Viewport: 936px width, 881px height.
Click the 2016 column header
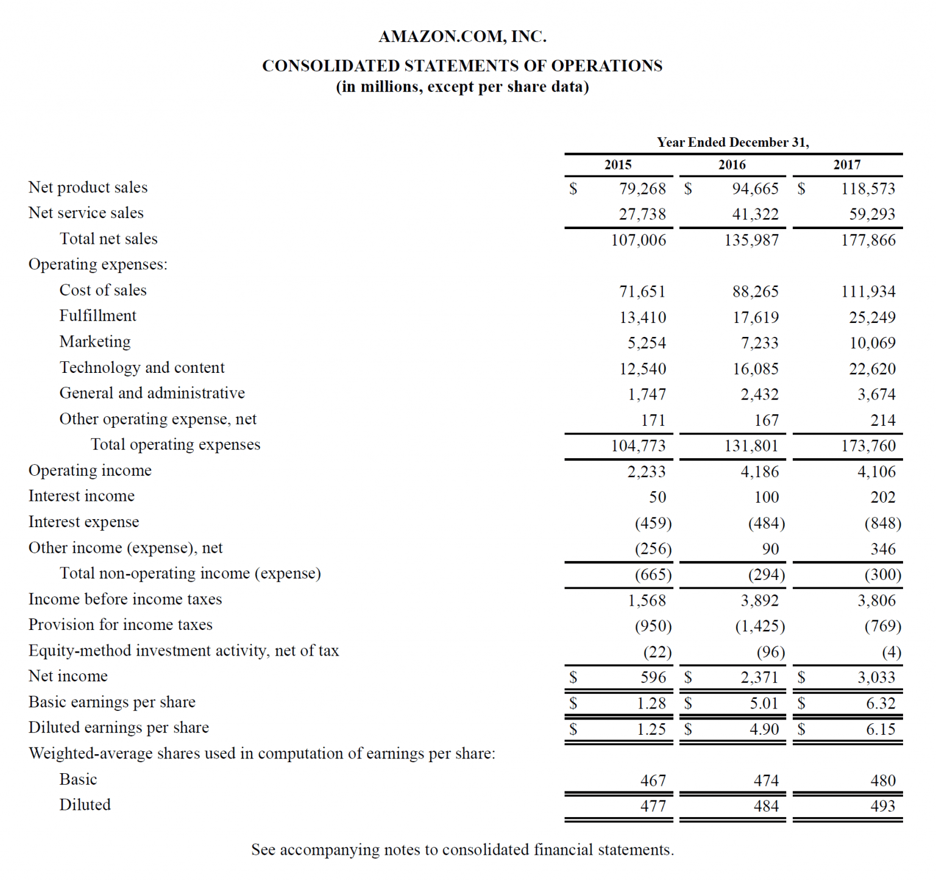(x=732, y=165)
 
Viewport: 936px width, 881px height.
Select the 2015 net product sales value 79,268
(x=642, y=189)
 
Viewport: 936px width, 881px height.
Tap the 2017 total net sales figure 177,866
(x=868, y=240)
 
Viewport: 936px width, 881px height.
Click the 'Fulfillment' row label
(x=97, y=316)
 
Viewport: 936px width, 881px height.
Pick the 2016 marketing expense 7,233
(x=759, y=343)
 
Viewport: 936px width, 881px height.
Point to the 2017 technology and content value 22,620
(x=872, y=369)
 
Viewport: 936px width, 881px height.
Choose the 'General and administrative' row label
(x=152, y=393)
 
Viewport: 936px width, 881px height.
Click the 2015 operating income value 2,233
(x=647, y=472)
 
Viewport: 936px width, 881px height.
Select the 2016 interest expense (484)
(x=767, y=523)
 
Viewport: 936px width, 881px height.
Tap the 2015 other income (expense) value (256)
(x=653, y=549)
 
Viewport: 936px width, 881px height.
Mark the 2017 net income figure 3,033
(x=876, y=678)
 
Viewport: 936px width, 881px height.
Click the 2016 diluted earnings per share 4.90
(x=764, y=729)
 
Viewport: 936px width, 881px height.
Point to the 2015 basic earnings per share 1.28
(x=651, y=703)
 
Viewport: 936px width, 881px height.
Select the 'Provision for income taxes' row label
(x=120, y=625)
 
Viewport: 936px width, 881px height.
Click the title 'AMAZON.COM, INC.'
(x=463, y=37)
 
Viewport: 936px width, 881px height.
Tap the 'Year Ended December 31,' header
(x=733, y=142)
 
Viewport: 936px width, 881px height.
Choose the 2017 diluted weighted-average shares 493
(x=883, y=806)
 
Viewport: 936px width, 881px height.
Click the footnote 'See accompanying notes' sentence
(x=463, y=850)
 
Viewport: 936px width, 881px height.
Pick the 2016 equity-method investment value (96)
(x=770, y=653)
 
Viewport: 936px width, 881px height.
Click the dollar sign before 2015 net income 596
(x=573, y=677)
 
